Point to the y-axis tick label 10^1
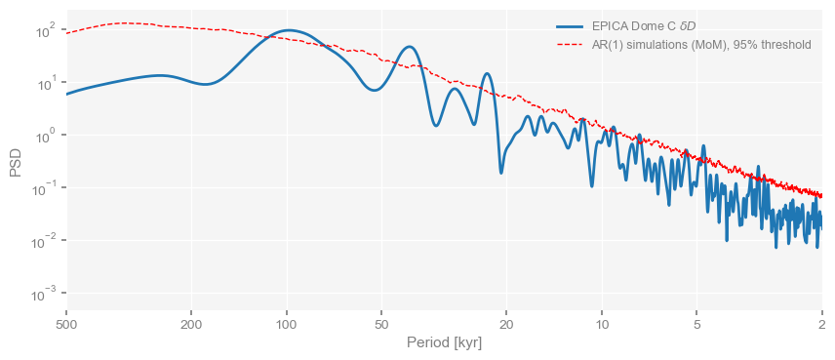click(x=44, y=83)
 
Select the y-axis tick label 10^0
click(x=44, y=136)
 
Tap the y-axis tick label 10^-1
click(x=42, y=188)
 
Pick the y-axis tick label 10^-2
click(x=42, y=241)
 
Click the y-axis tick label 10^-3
click(x=42, y=294)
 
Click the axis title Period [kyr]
click(x=444, y=343)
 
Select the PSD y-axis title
click(x=16, y=162)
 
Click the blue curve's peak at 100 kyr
click(x=289, y=31)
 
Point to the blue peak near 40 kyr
click(x=410, y=47)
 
